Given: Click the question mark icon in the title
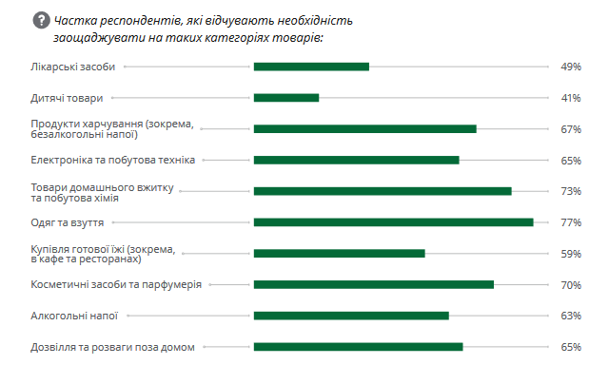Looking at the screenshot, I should (x=41, y=19).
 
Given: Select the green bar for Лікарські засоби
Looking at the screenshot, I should (x=311, y=67).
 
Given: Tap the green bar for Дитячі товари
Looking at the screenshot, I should (x=286, y=98).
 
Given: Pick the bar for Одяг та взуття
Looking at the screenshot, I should (x=393, y=222).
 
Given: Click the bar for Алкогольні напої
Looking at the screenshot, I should (x=351, y=316).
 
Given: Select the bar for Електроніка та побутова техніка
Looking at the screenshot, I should (x=356, y=160).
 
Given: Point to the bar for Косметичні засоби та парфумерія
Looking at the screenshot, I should (x=373, y=284).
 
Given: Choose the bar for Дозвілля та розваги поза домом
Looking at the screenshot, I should (x=358, y=347).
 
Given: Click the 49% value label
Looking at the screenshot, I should (x=571, y=67).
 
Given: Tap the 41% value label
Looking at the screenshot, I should (x=571, y=98).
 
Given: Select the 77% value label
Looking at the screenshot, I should (x=571, y=222).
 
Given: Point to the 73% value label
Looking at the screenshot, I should (x=571, y=191).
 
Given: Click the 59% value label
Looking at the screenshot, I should (x=571, y=254).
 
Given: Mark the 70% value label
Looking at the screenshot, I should (x=571, y=284).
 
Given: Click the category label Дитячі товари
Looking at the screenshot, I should (x=67, y=98).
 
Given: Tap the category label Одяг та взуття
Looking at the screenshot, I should (x=68, y=222).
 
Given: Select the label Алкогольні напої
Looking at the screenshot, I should (x=74, y=316).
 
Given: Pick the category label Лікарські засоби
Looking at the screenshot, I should (x=73, y=67).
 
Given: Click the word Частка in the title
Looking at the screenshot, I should (x=76, y=20).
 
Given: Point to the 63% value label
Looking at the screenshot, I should (x=571, y=316).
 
